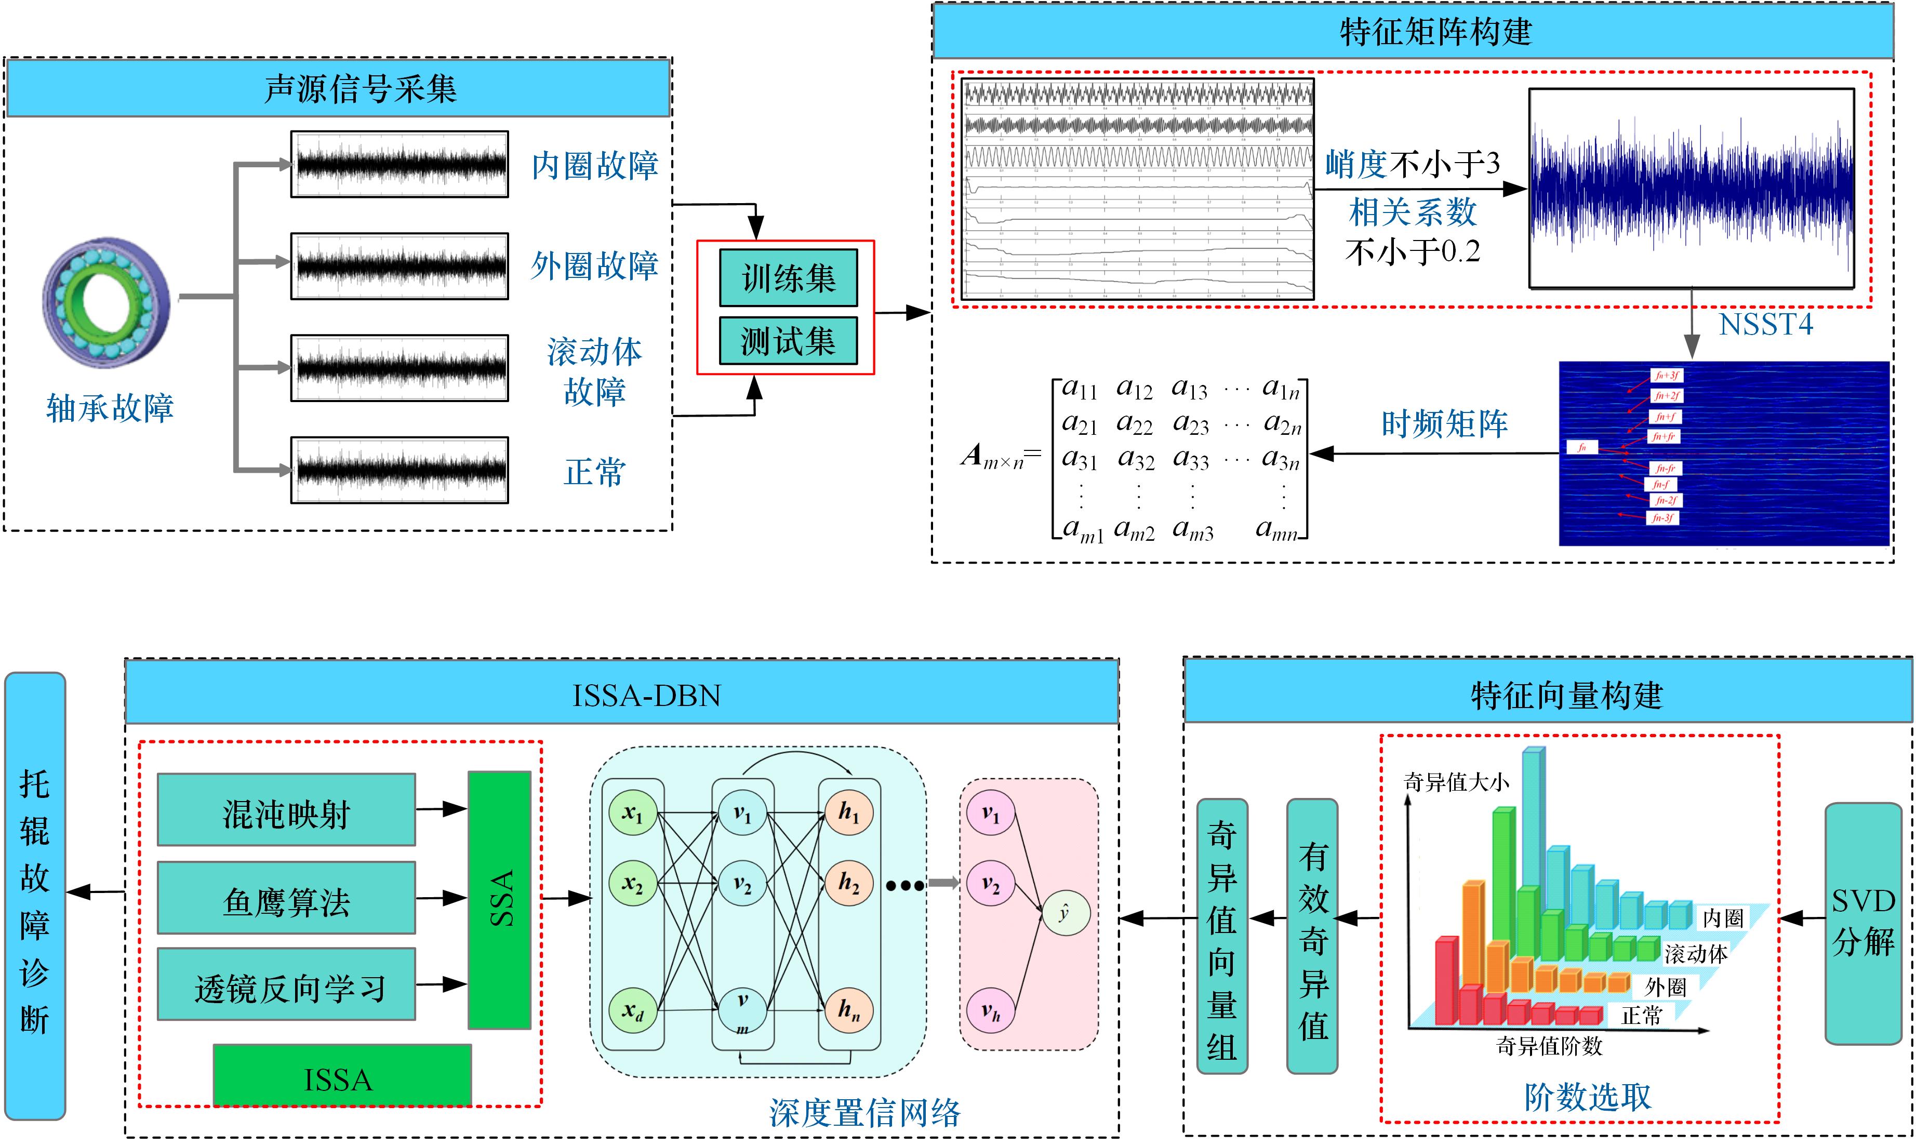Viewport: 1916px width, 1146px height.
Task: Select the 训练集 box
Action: tap(788, 278)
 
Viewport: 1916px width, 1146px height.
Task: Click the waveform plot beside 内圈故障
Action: tap(400, 164)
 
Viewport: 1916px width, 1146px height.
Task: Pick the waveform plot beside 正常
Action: tap(400, 470)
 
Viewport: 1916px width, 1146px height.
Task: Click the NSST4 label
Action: tap(1765, 324)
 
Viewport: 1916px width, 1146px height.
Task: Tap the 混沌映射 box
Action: tap(286, 811)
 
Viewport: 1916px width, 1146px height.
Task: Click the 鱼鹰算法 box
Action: tap(286, 899)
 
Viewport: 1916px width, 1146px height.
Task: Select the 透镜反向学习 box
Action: tap(286, 985)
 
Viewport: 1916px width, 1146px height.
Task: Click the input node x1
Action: tap(632, 812)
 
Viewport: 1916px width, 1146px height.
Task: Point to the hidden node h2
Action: tap(849, 883)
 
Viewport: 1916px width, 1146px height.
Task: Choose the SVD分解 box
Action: tap(1862, 923)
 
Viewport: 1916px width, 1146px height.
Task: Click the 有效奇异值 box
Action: tap(1312, 936)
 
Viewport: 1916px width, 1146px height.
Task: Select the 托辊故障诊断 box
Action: tap(35, 896)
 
